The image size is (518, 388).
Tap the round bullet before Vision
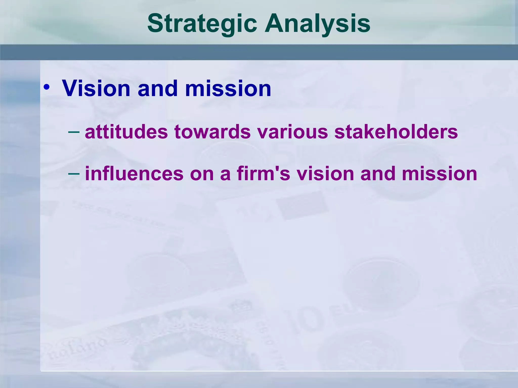pyautogui.click(x=47, y=87)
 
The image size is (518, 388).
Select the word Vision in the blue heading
pyautogui.click(x=96, y=88)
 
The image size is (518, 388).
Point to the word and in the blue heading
pyautogui.click(x=158, y=88)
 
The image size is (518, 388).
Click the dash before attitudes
pyautogui.click(x=74, y=132)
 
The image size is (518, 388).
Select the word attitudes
pyautogui.click(x=126, y=132)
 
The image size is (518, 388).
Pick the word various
pyautogui.click(x=292, y=132)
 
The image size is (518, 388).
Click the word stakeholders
pyautogui.click(x=396, y=132)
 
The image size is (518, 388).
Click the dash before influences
pyautogui.click(x=74, y=174)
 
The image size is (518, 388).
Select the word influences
pyautogui.click(x=134, y=174)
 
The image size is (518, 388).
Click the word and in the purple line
pyautogui.click(x=378, y=174)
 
